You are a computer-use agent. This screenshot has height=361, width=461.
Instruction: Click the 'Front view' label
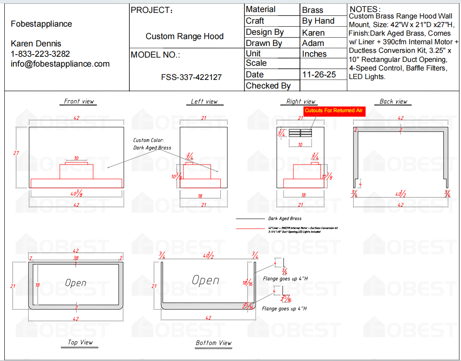79,101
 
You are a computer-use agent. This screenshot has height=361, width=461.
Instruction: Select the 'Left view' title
204,101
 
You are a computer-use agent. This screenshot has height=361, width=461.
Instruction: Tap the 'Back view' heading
393,101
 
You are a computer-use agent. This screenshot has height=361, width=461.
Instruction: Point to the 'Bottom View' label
214,343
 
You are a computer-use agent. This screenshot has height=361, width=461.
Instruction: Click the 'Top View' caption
80,343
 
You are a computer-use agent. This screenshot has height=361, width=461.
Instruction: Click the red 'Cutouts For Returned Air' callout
334,111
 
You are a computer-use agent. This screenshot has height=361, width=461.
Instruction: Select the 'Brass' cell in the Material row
312,10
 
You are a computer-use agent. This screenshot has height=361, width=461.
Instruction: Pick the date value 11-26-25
319,74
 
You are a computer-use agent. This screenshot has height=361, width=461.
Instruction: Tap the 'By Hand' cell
318,21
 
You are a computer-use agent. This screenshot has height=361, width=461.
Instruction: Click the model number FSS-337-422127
191,77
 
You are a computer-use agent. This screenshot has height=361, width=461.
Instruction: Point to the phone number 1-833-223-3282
40,54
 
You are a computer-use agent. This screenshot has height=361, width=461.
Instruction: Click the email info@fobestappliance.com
60,64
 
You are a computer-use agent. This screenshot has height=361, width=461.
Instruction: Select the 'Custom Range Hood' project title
184,37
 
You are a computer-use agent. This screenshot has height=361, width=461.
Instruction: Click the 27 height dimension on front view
16,153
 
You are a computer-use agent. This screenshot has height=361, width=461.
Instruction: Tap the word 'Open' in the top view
76,283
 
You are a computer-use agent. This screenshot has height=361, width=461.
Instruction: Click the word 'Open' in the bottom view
205,280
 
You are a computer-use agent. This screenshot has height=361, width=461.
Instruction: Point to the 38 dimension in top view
76,258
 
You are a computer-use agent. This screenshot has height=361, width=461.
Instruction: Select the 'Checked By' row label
268,86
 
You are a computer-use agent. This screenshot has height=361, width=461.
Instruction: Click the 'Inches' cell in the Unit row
314,54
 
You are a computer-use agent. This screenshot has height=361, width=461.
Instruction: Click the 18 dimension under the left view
200,196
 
